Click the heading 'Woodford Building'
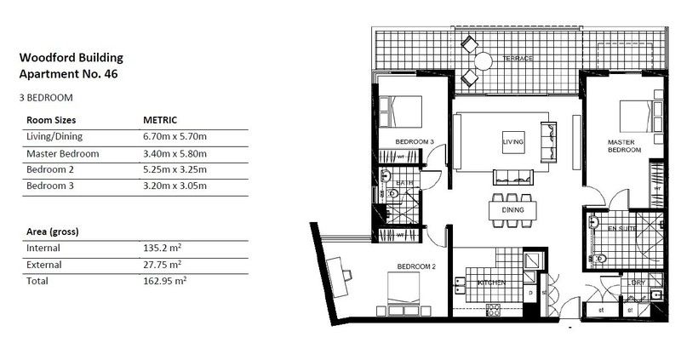71,58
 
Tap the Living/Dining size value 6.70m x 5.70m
176,136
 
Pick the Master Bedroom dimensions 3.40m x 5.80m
176,154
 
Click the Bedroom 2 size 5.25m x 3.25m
176,170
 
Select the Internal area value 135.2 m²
165,249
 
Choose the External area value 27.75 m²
165,265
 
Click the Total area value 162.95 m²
166,280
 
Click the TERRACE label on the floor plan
517,59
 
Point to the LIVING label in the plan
512,140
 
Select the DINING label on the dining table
512,209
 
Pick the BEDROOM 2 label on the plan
416,266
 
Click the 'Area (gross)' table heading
54,231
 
